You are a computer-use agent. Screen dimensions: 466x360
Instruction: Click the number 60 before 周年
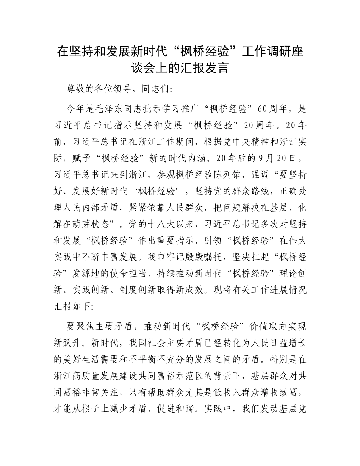(263, 109)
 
